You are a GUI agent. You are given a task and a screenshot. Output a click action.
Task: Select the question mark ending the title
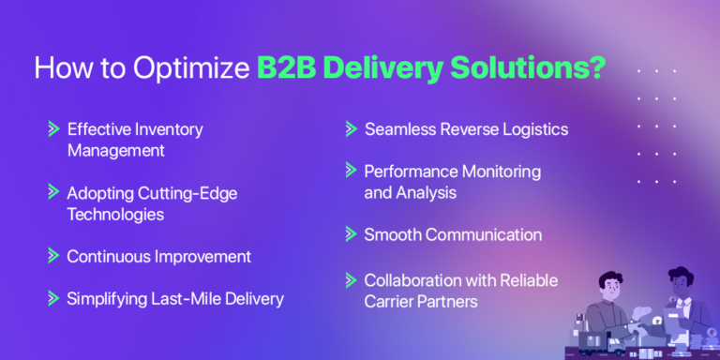coord(593,70)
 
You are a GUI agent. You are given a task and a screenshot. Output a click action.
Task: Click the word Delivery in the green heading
coord(385,70)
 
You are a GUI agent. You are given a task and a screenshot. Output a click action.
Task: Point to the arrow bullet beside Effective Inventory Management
coord(52,129)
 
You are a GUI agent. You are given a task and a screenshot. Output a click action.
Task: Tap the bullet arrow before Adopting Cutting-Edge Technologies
coord(52,192)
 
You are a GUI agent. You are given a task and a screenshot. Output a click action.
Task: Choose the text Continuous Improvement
coord(158,256)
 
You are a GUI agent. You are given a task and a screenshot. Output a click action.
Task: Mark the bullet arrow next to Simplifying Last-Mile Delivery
coord(52,299)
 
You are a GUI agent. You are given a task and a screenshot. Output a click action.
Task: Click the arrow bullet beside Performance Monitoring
coord(351,172)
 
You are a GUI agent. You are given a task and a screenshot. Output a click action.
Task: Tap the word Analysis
coord(427,193)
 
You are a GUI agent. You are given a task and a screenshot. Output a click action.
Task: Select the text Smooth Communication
coord(453,234)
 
